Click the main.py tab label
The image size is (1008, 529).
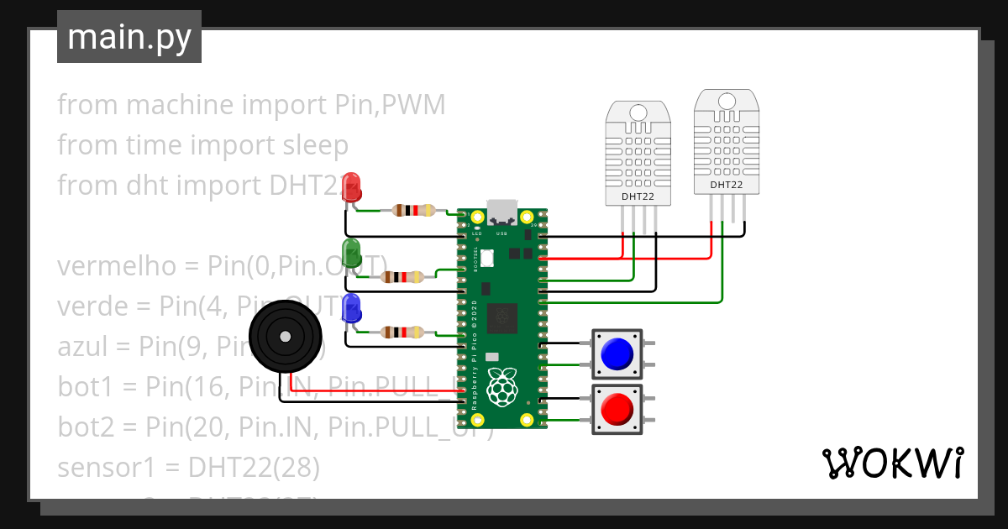pos(129,37)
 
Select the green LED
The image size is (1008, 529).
pos(352,253)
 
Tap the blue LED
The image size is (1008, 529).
pos(351,308)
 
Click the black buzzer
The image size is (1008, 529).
pos(286,337)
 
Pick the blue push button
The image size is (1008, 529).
pos(617,354)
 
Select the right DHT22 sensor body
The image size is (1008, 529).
pos(727,142)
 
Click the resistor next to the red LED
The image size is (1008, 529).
pos(412,211)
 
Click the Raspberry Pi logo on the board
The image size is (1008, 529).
pos(502,387)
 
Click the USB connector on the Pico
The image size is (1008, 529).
pos(503,213)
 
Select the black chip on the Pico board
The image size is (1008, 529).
pos(502,317)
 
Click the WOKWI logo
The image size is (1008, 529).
pos(891,463)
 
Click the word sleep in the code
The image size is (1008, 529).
pos(312,145)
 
